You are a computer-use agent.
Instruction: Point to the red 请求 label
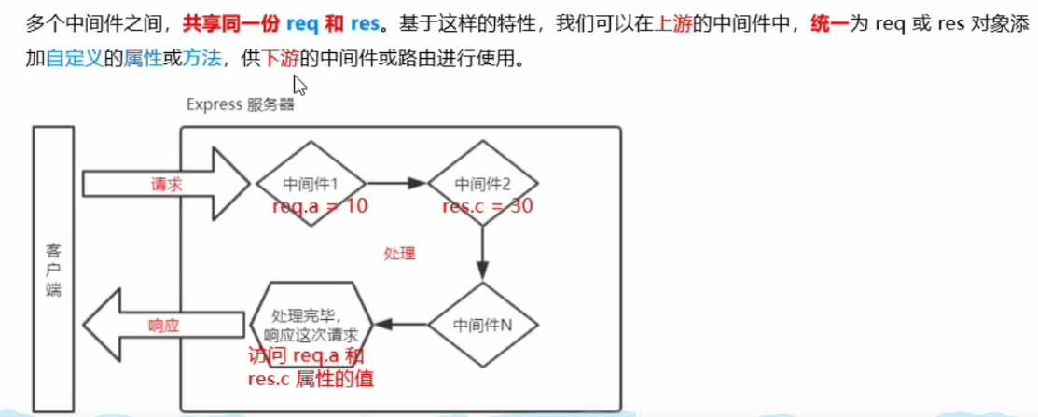click(x=167, y=184)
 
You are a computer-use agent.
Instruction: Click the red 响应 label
click(x=164, y=326)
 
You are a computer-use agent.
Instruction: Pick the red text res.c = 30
click(x=488, y=206)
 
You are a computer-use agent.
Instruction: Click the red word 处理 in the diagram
click(x=399, y=253)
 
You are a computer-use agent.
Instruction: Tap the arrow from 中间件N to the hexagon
click(x=400, y=325)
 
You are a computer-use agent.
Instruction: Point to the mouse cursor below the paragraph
click(x=299, y=86)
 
